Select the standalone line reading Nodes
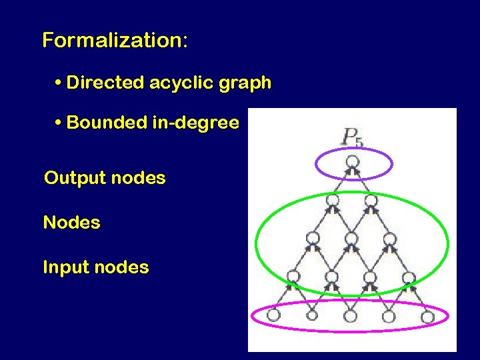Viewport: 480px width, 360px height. pyautogui.click(x=71, y=223)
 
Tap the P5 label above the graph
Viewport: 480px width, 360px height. pyautogui.click(x=351, y=137)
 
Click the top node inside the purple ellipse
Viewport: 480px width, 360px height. pyautogui.click(x=351, y=162)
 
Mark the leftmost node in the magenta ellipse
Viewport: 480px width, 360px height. pyautogui.click(x=274, y=315)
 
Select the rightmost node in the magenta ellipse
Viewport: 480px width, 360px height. pyautogui.click(x=427, y=316)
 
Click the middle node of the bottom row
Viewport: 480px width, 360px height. pyautogui.click(x=351, y=316)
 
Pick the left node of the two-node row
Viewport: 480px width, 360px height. pyautogui.click(x=332, y=201)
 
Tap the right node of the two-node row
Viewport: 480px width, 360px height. pyautogui.click(x=370, y=201)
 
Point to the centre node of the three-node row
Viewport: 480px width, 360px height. pyautogui.click(x=351, y=239)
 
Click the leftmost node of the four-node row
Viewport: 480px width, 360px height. pyautogui.click(x=293, y=277)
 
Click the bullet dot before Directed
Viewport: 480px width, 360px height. pyautogui.click(x=59, y=83)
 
